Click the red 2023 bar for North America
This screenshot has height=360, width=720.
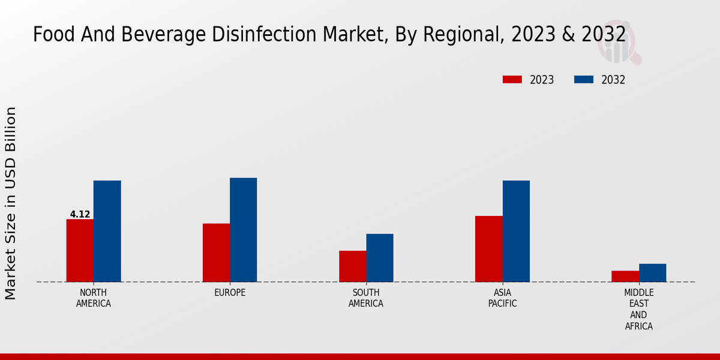80,250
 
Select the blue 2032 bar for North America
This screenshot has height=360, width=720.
107,231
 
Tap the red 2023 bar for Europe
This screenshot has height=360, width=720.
216,253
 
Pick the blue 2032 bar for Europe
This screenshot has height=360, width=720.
243,230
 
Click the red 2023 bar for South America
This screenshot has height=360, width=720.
352,266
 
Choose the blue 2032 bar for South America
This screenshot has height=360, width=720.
380,257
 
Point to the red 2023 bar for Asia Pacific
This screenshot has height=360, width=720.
488,248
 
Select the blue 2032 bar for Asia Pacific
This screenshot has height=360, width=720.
516,231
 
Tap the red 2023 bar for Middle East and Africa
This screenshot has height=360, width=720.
625,276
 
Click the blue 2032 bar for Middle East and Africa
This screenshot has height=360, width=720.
652,272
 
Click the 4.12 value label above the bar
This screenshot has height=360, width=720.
80,214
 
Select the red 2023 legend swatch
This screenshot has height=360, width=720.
512,80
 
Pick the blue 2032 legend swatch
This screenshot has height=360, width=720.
584,80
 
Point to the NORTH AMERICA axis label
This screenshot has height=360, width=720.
94,298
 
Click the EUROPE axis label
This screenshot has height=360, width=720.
230,293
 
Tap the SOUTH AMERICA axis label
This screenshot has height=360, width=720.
366,298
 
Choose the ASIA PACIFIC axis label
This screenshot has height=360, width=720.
502,298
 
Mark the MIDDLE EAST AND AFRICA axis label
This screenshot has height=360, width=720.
638,309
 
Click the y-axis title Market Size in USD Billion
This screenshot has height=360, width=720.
11,203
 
